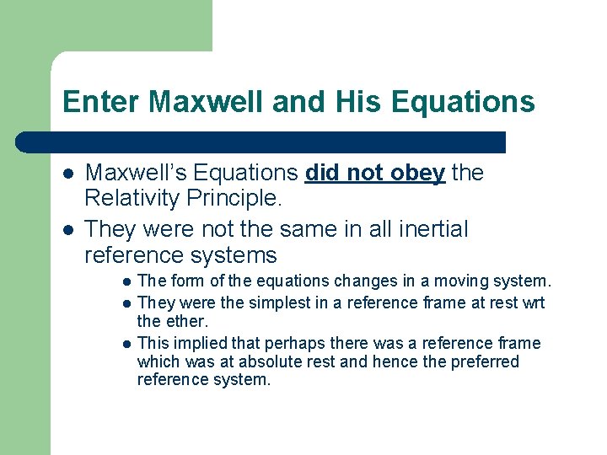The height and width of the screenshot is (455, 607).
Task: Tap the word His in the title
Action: (352, 102)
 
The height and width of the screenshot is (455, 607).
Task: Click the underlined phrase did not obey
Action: (374, 173)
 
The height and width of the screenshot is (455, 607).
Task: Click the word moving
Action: (462, 281)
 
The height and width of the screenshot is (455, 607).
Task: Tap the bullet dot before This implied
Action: (125, 344)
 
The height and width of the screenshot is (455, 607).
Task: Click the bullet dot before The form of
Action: (125, 281)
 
